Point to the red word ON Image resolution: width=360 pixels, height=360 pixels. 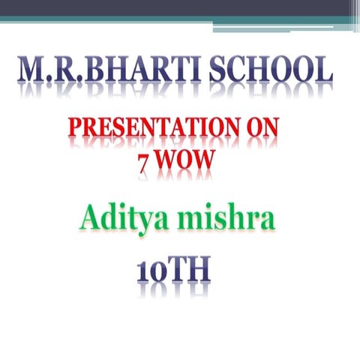259,133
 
